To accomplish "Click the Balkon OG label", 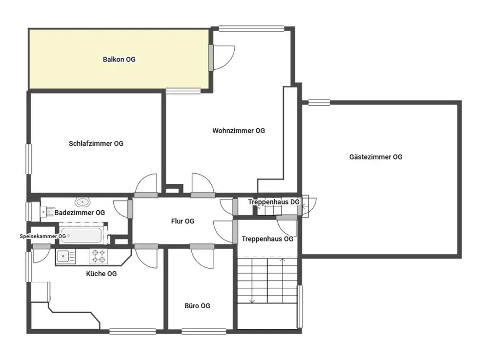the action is click(119, 60).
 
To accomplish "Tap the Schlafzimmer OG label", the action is click(96, 143).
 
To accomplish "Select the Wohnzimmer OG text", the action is click(239, 131).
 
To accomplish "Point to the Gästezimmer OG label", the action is click(376, 157).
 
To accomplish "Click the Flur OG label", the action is click(183, 221).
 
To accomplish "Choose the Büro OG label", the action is click(197, 306).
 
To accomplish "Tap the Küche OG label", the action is click(102, 274).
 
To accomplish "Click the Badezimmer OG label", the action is click(80, 213).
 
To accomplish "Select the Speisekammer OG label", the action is click(42, 236).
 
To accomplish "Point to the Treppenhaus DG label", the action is click(274, 202).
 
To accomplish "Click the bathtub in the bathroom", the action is click(81, 236).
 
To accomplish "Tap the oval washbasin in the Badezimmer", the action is click(82, 202).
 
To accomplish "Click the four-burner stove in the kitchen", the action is click(99, 257).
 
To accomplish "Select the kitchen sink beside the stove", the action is click(66, 257).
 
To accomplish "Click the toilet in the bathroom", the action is click(47, 212).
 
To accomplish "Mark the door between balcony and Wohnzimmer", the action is click(222, 58).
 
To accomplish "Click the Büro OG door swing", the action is click(203, 257).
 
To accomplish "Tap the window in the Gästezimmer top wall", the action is click(319, 102).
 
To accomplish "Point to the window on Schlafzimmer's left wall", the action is click(29, 159).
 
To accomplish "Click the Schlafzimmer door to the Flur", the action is click(146, 186).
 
